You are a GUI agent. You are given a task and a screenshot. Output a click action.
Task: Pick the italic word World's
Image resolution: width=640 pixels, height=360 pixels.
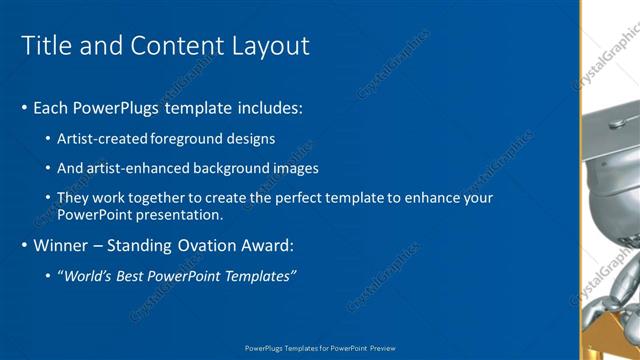[84, 276]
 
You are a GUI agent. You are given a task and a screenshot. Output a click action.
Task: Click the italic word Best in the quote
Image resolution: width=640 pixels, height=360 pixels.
[128, 276]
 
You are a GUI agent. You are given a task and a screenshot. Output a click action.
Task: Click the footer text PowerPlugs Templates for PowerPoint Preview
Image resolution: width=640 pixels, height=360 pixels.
[320, 348]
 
